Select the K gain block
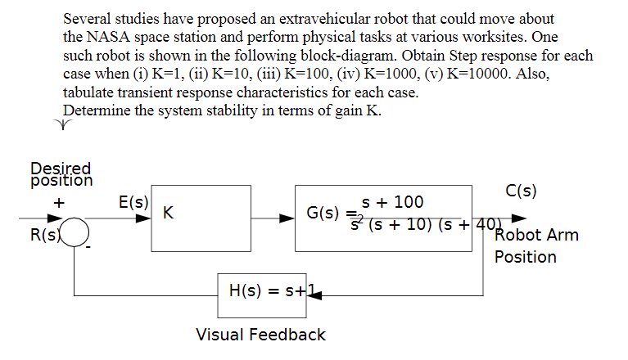pos(201,218)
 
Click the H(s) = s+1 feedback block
pos(262,295)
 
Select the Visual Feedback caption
pos(260,335)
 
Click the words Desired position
pos(61,173)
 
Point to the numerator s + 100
pos(392,202)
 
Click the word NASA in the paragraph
pos(111,38)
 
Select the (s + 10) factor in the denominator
pos(398,224)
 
